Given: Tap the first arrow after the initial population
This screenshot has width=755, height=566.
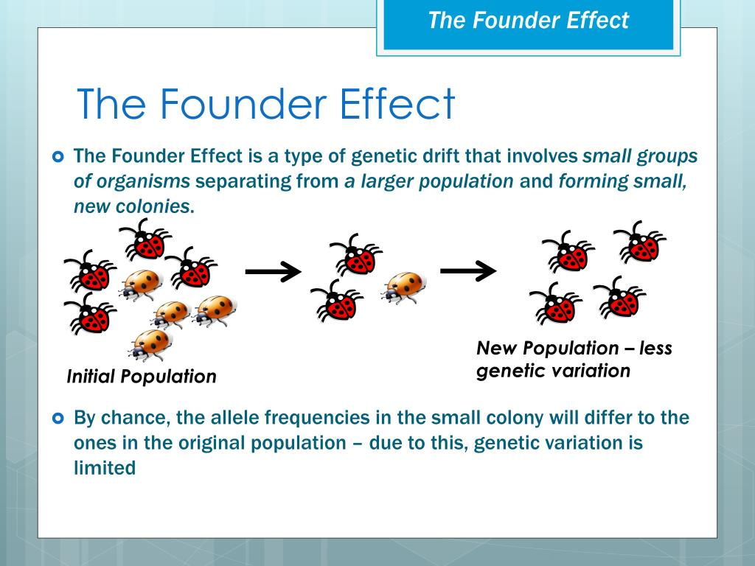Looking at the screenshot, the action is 273,271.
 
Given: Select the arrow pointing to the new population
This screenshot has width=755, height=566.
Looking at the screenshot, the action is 468,270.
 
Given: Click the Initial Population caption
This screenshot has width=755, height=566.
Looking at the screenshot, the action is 142,377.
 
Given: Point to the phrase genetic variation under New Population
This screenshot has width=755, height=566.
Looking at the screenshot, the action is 553,371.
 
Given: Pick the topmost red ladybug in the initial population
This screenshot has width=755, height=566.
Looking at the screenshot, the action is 145,240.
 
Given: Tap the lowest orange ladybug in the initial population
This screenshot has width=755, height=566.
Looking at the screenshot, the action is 150,345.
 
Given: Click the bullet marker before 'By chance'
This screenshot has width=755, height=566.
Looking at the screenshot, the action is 58,419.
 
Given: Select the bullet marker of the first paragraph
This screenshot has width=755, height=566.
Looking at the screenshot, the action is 58,157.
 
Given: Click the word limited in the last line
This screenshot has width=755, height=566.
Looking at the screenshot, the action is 105,468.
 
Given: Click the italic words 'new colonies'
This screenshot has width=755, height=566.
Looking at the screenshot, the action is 131,206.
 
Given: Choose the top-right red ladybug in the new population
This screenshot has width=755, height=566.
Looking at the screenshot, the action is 640,242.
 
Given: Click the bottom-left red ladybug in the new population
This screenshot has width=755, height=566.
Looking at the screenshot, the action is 556,303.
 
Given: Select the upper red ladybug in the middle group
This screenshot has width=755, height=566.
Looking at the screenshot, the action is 356,254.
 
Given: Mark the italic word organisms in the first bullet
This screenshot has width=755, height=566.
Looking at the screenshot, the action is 143,181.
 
